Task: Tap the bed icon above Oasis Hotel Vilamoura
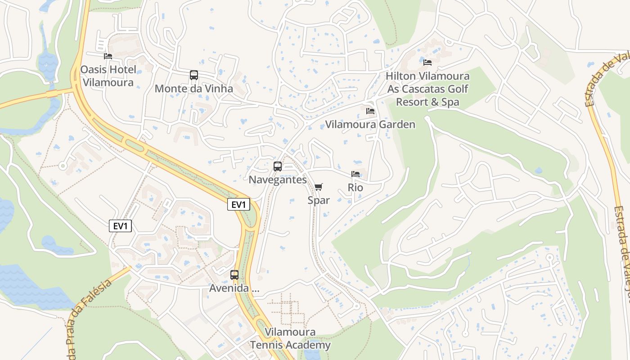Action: click(x=108, y=56)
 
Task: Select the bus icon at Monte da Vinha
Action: click(x=194, y=75)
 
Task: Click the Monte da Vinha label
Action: click(x=194, y=89)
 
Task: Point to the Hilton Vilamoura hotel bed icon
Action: click(x=427, y=62)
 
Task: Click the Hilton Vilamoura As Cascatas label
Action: click(x=427, y=89)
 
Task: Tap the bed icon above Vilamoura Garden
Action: click(x=370, y=111)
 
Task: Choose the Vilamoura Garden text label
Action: click(x=370, y=124)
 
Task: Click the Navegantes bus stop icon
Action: click(x=278, y=166)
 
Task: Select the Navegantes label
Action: click(x=278, y=180)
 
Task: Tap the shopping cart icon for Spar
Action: click(x=319, y=187)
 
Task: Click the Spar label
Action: click(x=319, y=200)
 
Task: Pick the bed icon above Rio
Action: click(x=355, y=174)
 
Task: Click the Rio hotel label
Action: click(x=355, y=187)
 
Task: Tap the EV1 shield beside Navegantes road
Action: click(x=238, y=205)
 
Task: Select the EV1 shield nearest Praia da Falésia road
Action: click(x=121, y=226)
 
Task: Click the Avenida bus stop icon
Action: click(x=234, y=275)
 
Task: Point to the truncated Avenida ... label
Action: click(x=234, y=288)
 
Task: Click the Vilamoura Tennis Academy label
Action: click(x=290, y=339)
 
